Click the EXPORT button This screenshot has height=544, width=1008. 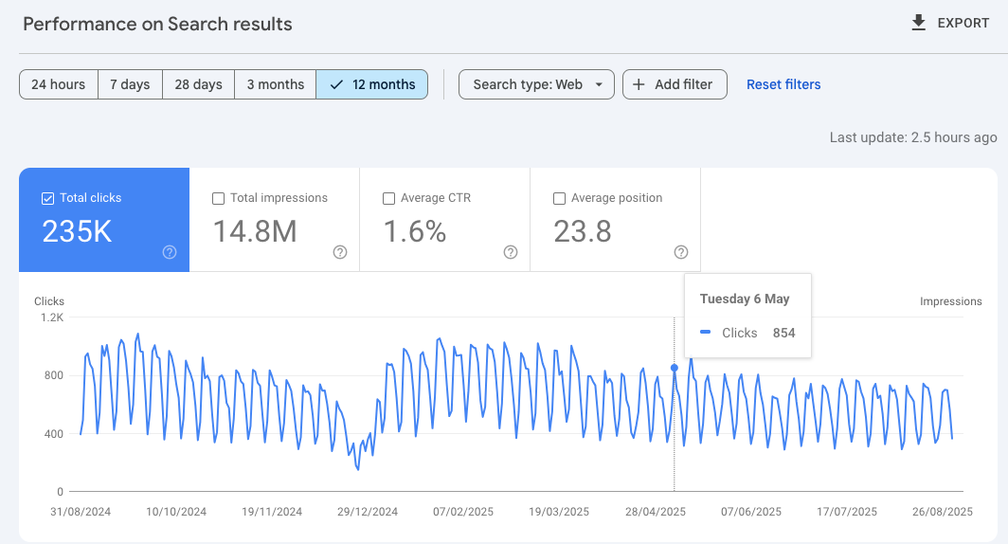pos(950,24)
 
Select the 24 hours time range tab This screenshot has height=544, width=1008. pos(58,84)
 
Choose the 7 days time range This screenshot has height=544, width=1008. pos(130,84)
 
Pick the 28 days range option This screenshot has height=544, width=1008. pos(198,84)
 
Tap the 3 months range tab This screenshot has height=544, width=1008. pos(275,84)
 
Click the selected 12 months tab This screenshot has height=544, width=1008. pos(372,84)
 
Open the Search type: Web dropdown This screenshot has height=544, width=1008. pos(536,84)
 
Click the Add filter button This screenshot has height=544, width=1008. pos(674,84)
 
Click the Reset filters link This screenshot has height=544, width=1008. pos(783,84)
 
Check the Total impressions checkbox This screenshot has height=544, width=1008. pos(219,198)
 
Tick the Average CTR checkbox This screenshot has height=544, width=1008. pos(389,198)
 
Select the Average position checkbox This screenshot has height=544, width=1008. pos(560,198)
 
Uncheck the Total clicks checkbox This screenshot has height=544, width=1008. pos(48,198)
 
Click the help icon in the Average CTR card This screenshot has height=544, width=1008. pos(511,252)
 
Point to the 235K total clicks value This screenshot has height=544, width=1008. pos(77,231)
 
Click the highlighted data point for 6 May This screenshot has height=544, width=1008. pos(675,368)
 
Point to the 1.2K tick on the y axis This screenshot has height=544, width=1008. pos(50,317)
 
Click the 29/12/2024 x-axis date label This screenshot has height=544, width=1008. pos(369,512)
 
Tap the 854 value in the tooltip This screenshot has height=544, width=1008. pos(783,333)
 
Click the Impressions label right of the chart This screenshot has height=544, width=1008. pos(950,301)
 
